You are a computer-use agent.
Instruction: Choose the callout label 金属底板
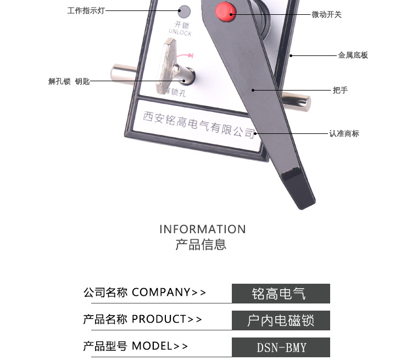pyautogui.click(x=353, y=55)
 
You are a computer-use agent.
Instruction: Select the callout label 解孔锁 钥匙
pyautogui.click(x=69, y=81)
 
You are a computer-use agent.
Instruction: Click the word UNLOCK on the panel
pyautogui.click(x=180, y=33)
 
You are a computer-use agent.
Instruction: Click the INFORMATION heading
pyautogui.click(x=203, y=229)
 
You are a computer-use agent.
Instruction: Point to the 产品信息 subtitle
pyautogui.click(x=201, y=245)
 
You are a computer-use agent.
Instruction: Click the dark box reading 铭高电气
pyautogui.click(x=281, y=293)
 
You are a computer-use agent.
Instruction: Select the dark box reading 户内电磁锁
pyautogui.click(x=281, y=320)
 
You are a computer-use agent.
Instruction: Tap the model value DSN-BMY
pyautogui.click(x=281, y=347)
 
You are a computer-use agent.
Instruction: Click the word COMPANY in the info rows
pyautogui.click(x=161, y=292)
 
